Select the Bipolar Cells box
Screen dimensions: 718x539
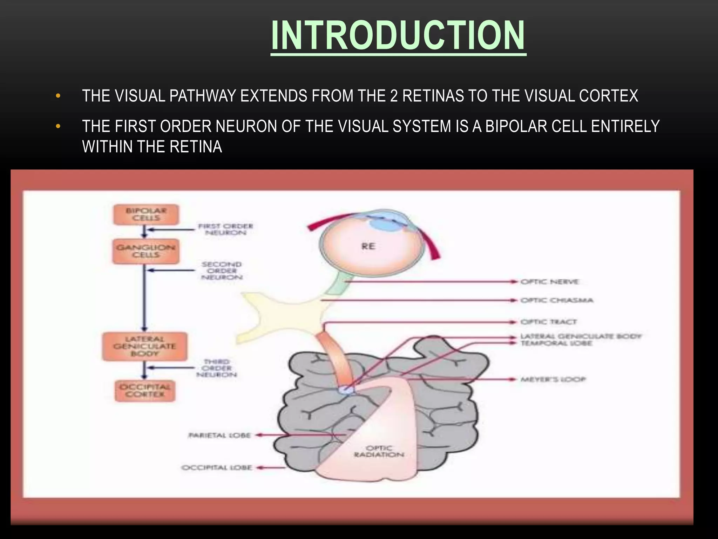(146, 214)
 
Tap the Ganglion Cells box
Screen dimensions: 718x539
(146, 251)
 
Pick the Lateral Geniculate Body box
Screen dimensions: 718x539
(144, 346)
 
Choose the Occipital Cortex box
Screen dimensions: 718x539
(145, 391)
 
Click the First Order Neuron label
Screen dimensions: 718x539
(225, 229)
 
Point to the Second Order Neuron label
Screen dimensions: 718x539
(222, 271)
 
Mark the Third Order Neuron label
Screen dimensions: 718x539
(217, 368)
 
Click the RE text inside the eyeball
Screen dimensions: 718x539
(368, 246)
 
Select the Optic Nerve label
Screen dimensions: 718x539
(549, 282)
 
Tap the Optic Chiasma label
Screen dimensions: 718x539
(557, 300)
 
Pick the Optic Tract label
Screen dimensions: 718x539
(548, 322)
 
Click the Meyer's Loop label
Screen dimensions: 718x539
(553, 379)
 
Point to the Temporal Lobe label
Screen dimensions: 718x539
(556, 343)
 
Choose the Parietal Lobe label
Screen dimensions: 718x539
(220, 435)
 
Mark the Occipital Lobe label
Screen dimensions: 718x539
(217, 467)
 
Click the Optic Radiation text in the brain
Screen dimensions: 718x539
(379, 451)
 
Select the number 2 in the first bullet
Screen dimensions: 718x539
(394, 96)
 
